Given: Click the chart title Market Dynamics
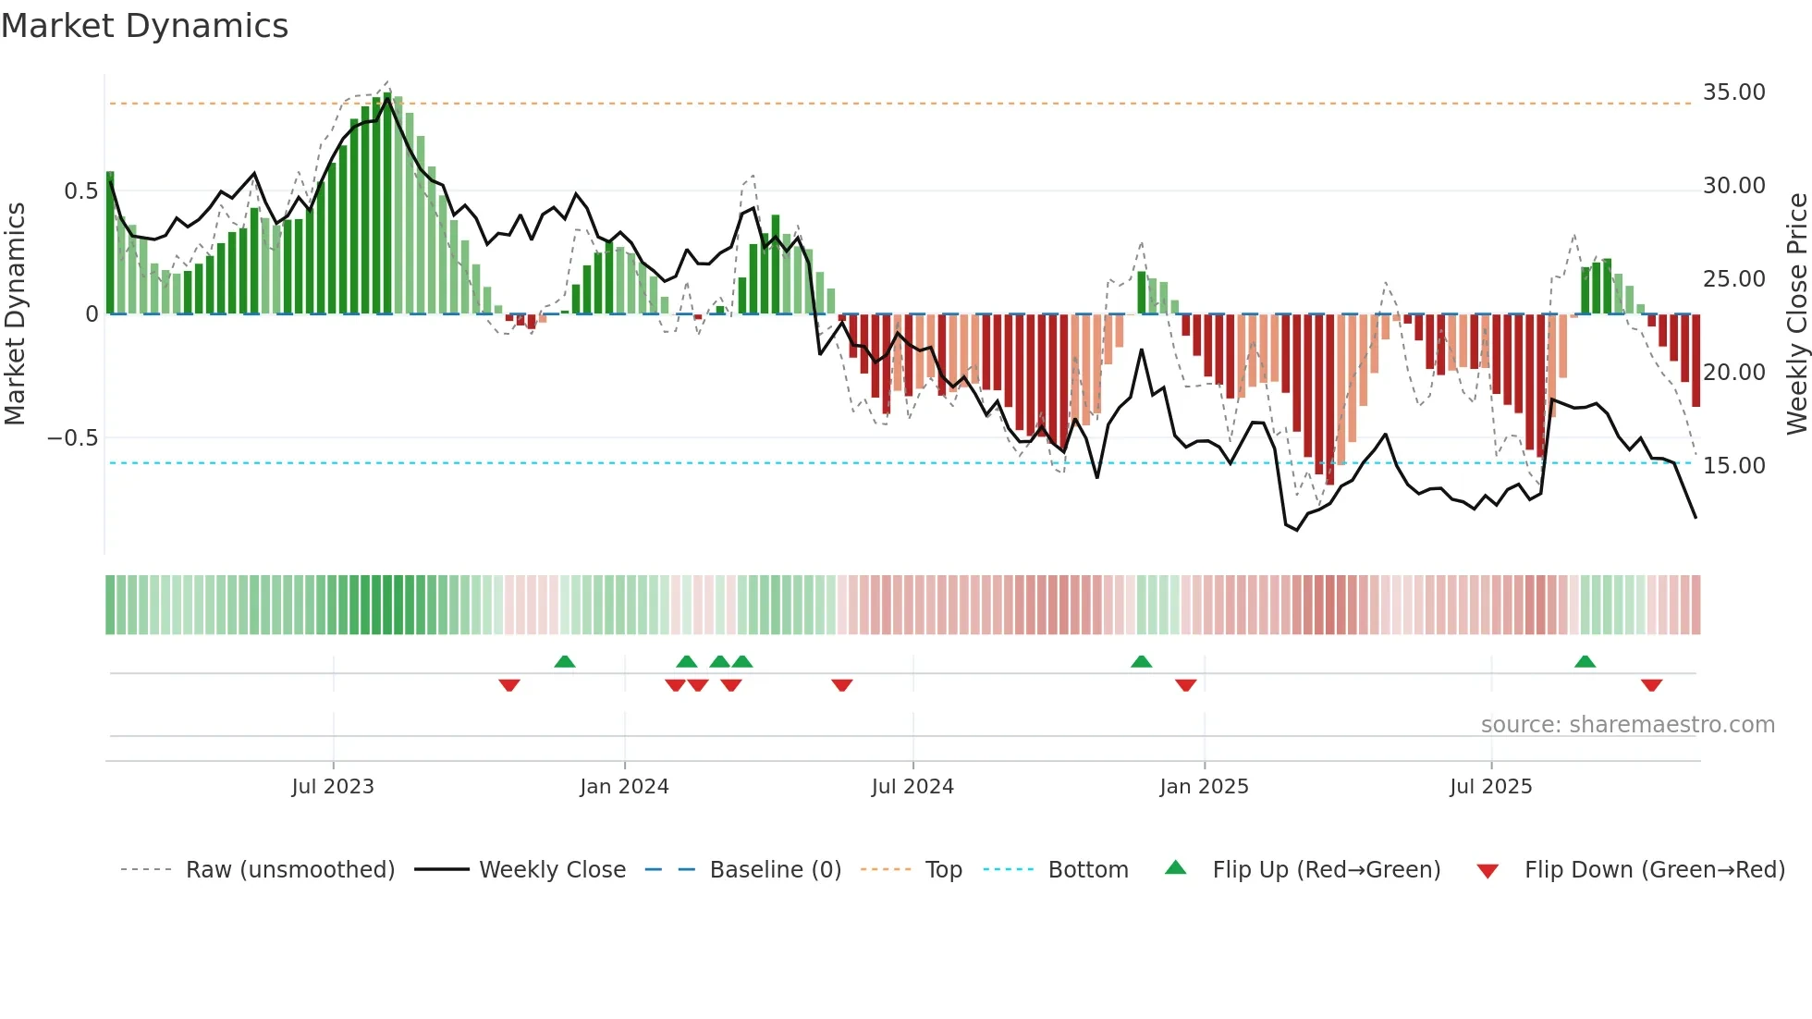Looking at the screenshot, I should click(x=144, y=26).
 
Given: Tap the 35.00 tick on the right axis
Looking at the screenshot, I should click(x=1733, y=92).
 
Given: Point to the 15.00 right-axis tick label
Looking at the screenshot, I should click(x=1733, y=466).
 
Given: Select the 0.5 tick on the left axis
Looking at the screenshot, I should click(x=80, y=191).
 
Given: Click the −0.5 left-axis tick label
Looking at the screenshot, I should click(x=73, y=438).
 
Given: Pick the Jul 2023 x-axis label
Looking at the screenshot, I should click(x=333, y=787).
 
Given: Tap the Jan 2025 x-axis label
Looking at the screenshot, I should click(x=1204, y=787).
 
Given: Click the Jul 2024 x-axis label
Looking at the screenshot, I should click(x=912, y=787).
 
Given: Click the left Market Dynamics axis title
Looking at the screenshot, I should click(x=15, y=314).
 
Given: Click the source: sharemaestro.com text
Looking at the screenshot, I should click(x=1627, y=725).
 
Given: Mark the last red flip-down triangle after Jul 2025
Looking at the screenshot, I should click(x=1652, y=685).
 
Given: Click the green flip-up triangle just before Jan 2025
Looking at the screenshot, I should click(x=1142, y=661).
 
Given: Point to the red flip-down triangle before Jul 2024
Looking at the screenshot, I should click(x=841, y=685).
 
